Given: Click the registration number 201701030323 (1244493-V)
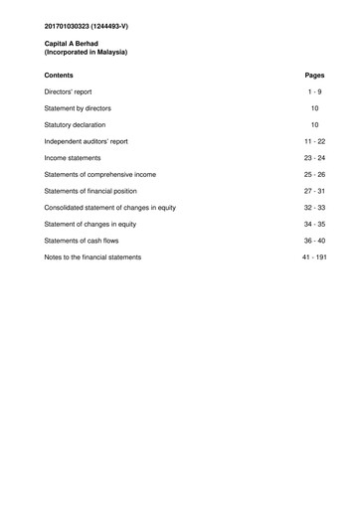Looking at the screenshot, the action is (86, 23).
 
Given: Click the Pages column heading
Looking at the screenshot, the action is (315, 75).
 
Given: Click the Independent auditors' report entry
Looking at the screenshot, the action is (87, 141).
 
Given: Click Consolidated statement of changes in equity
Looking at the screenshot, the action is (110, 208).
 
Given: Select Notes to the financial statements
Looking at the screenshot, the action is (93, 257).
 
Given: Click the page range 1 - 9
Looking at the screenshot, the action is (314, 90).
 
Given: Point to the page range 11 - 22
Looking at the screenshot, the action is (314, 141).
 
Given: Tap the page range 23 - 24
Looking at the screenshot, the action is (314, 158).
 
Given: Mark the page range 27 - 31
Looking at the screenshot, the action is (314, 191).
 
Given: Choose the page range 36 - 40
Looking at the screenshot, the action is (314, 241).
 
